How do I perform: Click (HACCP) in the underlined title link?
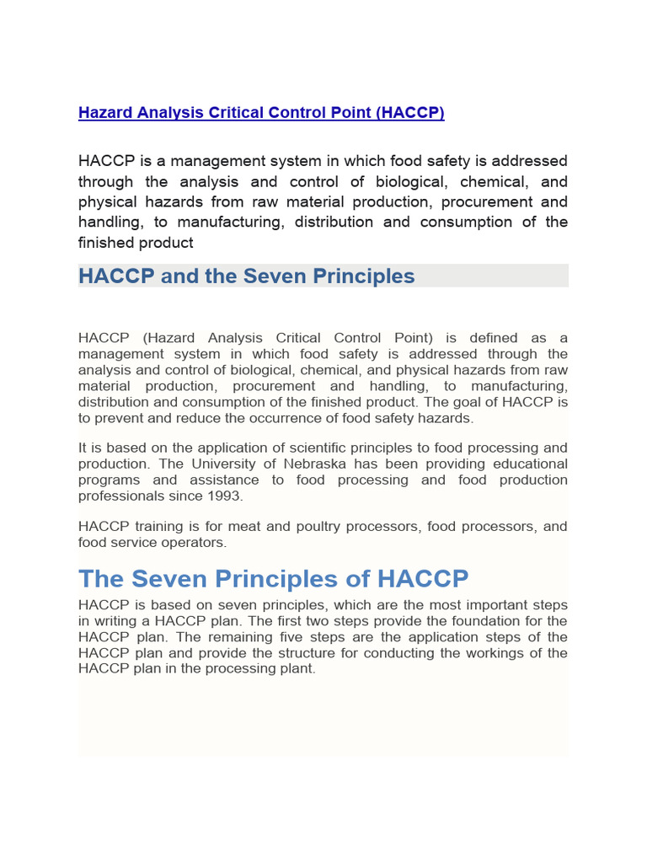411,113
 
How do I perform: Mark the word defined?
489,338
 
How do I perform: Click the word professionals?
117,496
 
